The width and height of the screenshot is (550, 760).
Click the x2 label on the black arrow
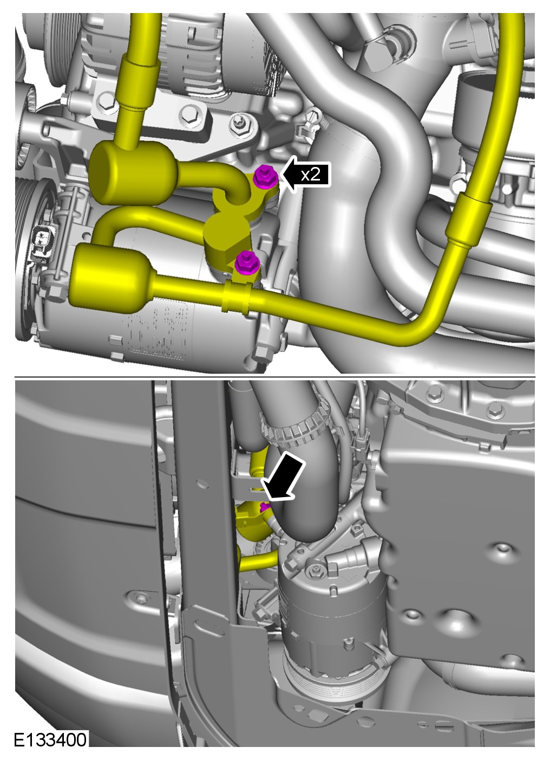click(x=311, y=175)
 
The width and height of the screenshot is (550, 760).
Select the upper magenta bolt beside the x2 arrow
click(x=265, y=176)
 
